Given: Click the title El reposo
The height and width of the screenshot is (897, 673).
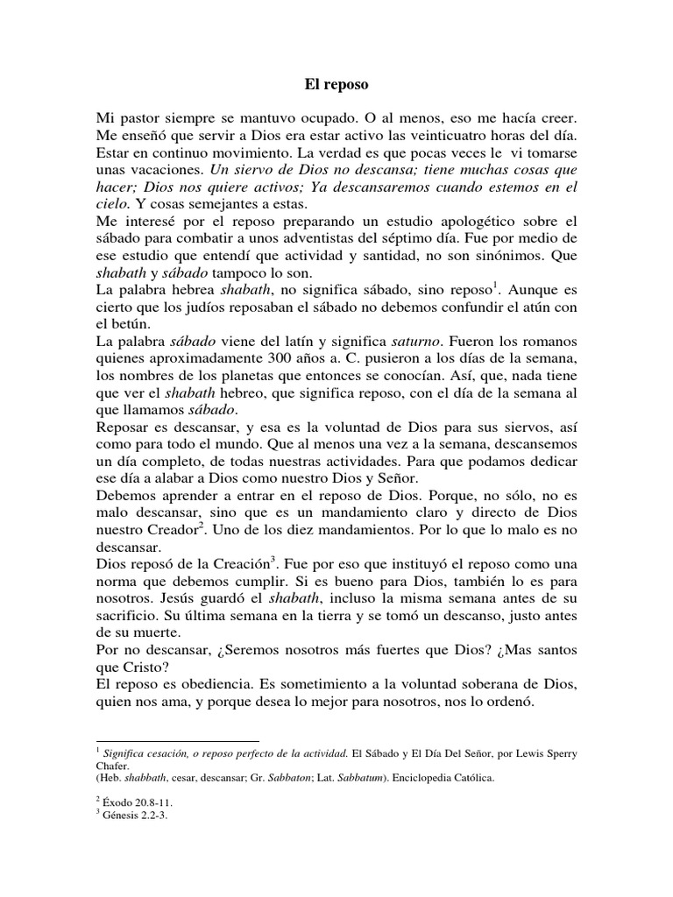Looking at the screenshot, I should (336, 87).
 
